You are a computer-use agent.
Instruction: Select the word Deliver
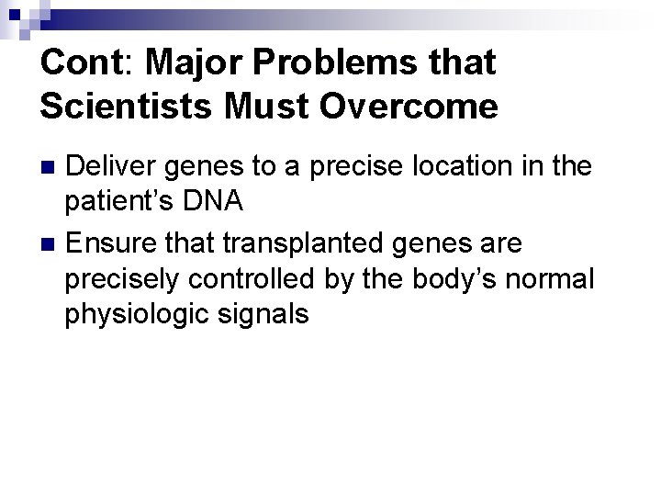tap(109, 166)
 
